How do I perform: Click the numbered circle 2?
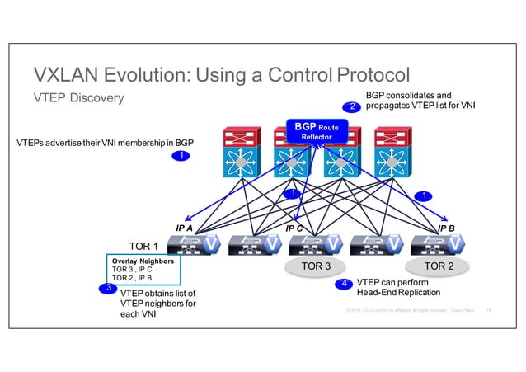click(x=351, y=106)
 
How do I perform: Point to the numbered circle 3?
click(x=107, y=288)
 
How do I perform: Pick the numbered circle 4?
click(x=344, y=285)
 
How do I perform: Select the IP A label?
click(x=184, y=228)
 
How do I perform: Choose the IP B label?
click(x=446, y=228)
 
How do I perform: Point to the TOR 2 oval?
click(x=438, y=266)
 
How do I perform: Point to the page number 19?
click(x=489, y=310)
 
